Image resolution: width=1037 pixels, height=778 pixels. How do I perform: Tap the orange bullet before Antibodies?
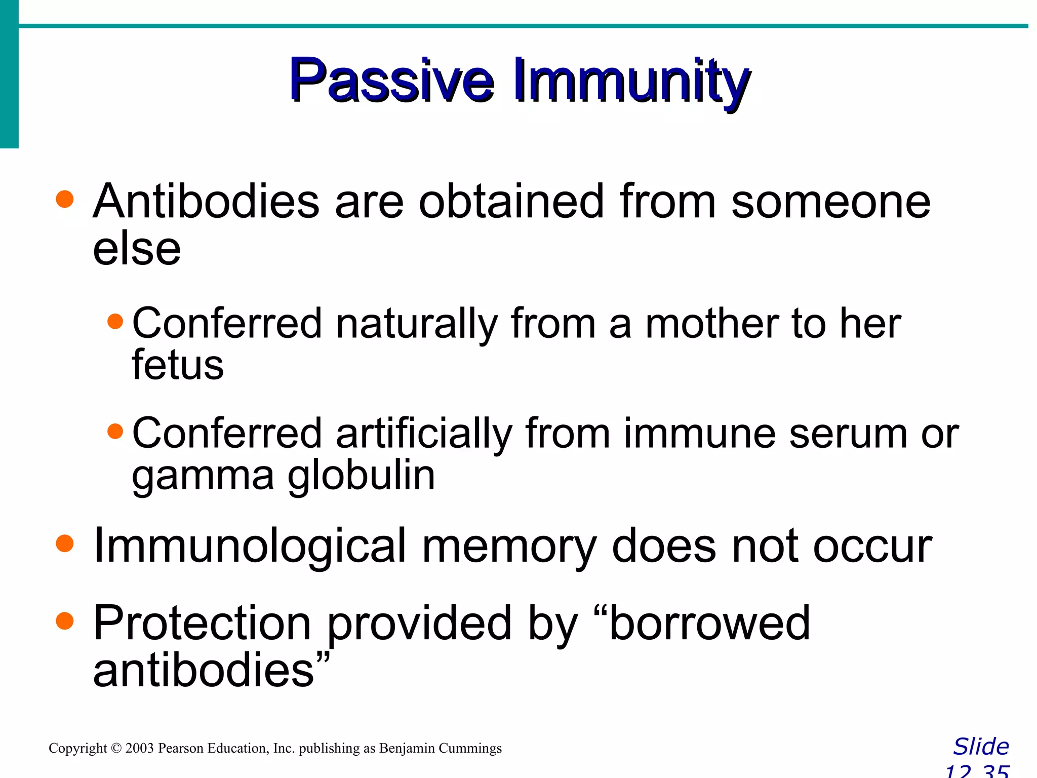(x=65, y=199)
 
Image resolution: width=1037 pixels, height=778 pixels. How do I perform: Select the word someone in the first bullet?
(x=830, y=202)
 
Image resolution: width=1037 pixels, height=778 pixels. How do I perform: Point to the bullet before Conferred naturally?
(x=115, y=321)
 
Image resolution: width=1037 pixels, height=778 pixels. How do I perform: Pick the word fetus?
(x=177, y=365)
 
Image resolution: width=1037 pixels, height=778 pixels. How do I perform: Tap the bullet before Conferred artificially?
(x=115, y=431)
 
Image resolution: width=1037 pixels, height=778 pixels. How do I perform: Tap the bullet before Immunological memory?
(x=65, y=543)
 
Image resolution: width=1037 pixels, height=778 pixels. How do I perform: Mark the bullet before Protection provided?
(x=65, y=620)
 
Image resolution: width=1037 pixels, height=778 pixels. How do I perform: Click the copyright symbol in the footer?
(x=116, y=748)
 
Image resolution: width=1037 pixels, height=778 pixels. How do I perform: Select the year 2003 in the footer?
(x=139, y=748)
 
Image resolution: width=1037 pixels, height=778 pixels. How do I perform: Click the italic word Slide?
(x=981, y=747)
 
